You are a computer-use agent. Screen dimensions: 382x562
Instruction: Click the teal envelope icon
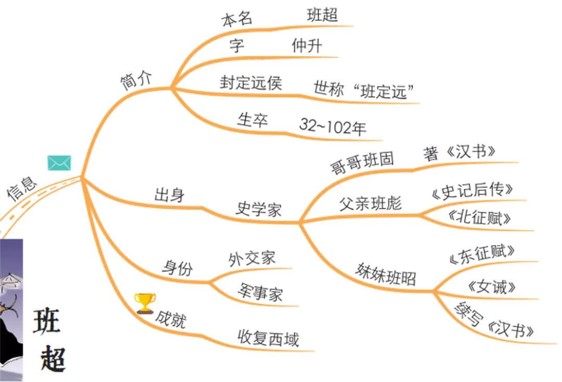59,163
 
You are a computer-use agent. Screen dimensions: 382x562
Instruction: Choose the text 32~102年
334,126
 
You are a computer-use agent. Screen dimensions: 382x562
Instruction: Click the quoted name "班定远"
383,92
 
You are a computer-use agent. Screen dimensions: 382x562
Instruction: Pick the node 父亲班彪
371,202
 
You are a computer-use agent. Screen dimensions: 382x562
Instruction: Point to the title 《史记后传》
473,191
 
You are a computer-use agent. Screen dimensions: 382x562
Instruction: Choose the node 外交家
253,257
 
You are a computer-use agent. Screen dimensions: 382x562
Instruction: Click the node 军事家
261,294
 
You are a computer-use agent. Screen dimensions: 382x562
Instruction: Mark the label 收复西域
269,339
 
